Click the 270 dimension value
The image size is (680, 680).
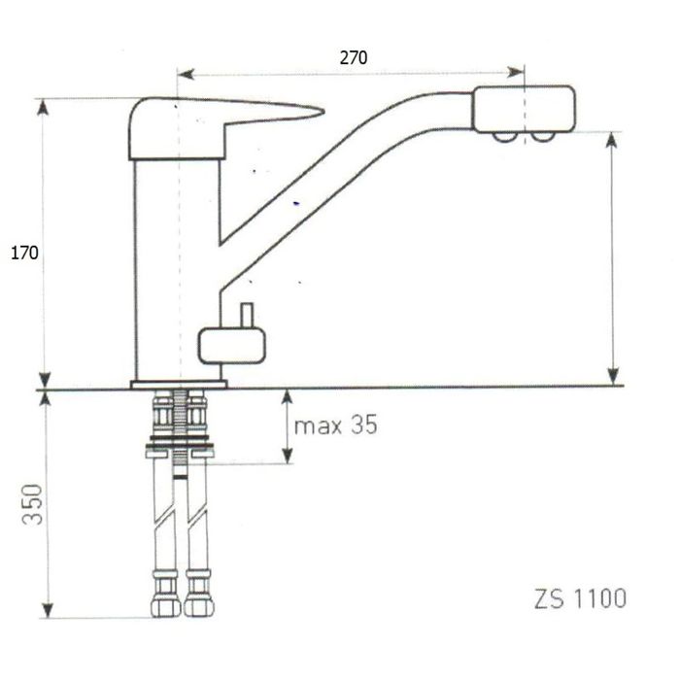(354, 57)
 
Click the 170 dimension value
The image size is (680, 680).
(24, 253)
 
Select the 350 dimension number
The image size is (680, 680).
(33, 504)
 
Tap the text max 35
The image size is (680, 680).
(336, 425)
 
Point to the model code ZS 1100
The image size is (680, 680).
(580, 598)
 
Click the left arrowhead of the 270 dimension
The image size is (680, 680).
(186, 75)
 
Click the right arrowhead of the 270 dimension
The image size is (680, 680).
(516, 72)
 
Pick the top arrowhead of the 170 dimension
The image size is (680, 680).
(42, 107)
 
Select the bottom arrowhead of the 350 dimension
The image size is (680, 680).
(48, 609)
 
